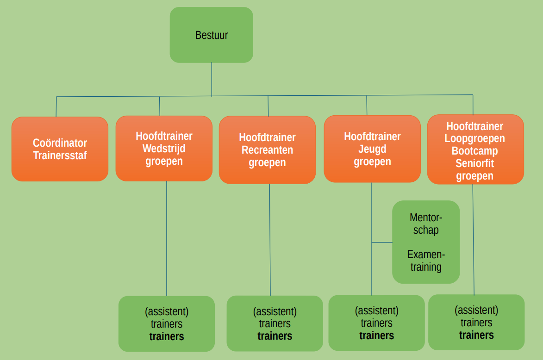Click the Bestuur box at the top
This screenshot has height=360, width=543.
click(211, 35)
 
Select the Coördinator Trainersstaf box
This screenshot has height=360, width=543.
click(60, 149)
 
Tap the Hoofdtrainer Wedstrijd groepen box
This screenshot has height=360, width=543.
click(164, 149)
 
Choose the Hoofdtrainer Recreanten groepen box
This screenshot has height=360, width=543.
click(267, 150)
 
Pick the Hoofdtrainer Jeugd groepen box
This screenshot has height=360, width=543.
click(372, 149)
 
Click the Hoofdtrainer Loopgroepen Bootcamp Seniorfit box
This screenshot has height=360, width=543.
click(475, 149)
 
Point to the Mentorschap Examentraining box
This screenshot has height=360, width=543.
click(426, 242)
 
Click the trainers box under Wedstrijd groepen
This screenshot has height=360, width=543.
click(167, 324)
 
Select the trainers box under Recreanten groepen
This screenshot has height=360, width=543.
click(275, 323)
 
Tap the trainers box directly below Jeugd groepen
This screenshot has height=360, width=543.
click(376, 323)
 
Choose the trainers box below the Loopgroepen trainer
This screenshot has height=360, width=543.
click(476, 323)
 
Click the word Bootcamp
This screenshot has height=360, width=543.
click(475, 151)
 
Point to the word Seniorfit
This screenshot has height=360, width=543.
click(475, 164)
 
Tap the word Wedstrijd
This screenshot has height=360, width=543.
click(164, 149)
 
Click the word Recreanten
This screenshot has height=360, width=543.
click(267, 150)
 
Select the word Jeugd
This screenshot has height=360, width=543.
click(372, 149)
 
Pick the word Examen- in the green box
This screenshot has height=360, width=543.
click(426, 254)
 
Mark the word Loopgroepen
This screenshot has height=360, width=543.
click(475, 139)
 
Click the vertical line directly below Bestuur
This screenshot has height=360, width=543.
click(212, 79)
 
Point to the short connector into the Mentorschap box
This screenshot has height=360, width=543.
click(382, 242)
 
